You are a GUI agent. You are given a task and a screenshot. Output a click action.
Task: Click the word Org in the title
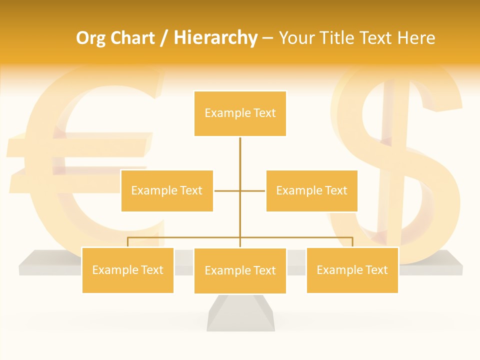(91, 38)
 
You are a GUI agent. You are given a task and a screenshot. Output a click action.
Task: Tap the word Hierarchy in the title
(215, 38)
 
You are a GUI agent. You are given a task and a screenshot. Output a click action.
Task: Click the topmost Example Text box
(240, 113)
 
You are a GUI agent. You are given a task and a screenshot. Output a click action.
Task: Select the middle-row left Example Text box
(167, 190)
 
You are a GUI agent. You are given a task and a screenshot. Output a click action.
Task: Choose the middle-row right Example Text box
(311, 190)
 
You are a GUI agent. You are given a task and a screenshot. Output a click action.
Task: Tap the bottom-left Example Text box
(127, 270)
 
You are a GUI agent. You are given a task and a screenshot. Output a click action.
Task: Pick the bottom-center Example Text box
(240, 270)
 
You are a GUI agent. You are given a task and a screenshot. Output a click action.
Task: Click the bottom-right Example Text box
(352, 270)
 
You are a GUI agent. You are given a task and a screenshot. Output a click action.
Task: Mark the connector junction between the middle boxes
(240, 190)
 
